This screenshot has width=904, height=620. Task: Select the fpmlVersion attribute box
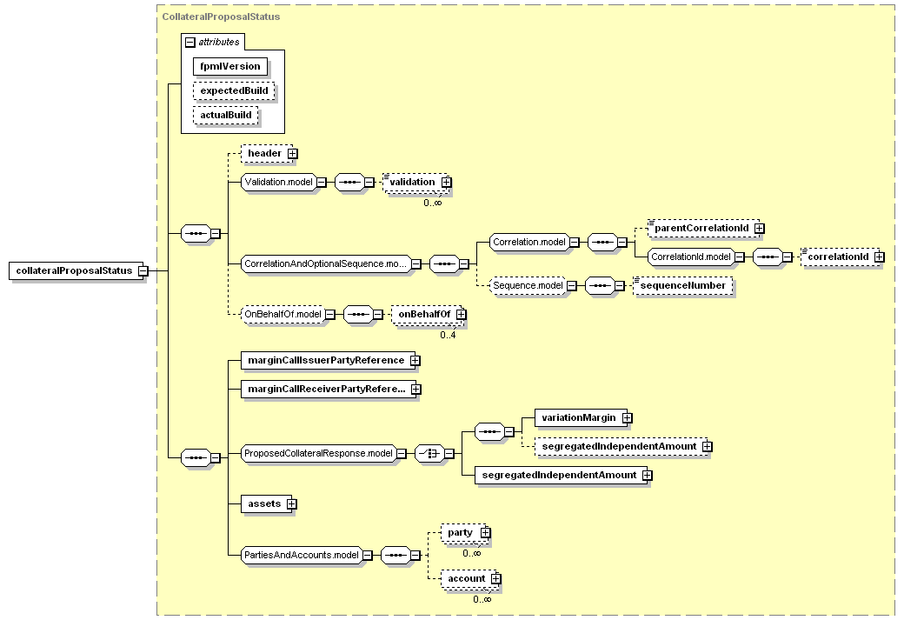(x=230, y=66)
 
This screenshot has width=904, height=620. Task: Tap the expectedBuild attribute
(x=234, y=90)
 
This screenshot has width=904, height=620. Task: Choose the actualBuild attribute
(x=226, y=115)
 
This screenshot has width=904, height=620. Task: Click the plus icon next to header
(x=293, y=153)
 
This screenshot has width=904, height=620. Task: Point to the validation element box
(x=415, y=183)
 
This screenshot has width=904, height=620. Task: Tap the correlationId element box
(x=841, y=257)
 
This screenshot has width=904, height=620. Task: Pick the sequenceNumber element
(x=683, y=285)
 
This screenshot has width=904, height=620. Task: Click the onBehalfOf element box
(x=427, y=314)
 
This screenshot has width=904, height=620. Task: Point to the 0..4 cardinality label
(x=448, y=335)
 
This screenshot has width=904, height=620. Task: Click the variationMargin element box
(x=582, y=417)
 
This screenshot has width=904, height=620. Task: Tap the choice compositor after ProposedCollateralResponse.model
(x=429, y=453)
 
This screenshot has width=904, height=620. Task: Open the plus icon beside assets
(x=292, y=504)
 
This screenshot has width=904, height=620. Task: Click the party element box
(x=464, y=532)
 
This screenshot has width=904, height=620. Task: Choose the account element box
(x=469, y=578)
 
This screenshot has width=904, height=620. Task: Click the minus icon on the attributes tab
(x=189, y=42)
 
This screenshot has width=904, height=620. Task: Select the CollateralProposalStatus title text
(x=221, y=17)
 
